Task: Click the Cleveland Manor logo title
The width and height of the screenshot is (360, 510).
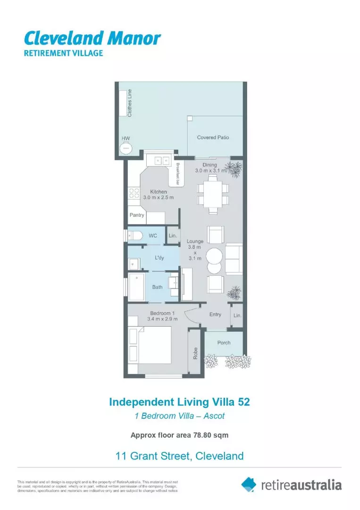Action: coord(92,38)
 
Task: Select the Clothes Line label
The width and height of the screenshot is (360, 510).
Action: coord(130,103)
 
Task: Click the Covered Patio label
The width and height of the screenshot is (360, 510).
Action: coord(213,137)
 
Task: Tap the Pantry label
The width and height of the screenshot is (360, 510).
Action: coord(137,215)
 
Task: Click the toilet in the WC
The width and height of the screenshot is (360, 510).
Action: coord(137,235)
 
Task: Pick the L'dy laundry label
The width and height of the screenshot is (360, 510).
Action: coord(159,258)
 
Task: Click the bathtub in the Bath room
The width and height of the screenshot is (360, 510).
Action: coord(137,286)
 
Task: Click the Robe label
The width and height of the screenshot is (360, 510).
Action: coord(194,353)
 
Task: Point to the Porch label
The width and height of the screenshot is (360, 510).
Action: coord(224,342)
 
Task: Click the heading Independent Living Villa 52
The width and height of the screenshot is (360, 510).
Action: coord(179,402)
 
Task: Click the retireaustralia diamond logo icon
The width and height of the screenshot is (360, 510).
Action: coord(249,484)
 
